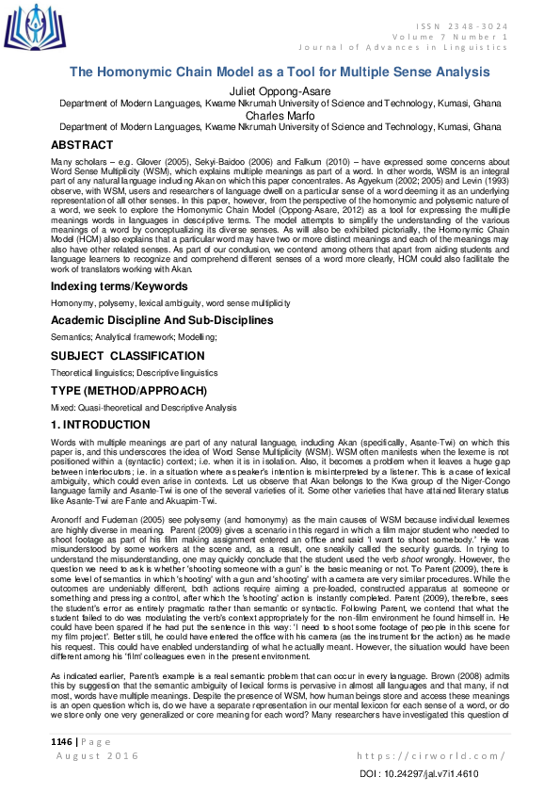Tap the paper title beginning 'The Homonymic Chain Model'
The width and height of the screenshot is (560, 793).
(280, 73)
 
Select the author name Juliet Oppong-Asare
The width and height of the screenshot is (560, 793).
(280, 90)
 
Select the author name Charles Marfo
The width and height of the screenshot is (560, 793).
(280, 116)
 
